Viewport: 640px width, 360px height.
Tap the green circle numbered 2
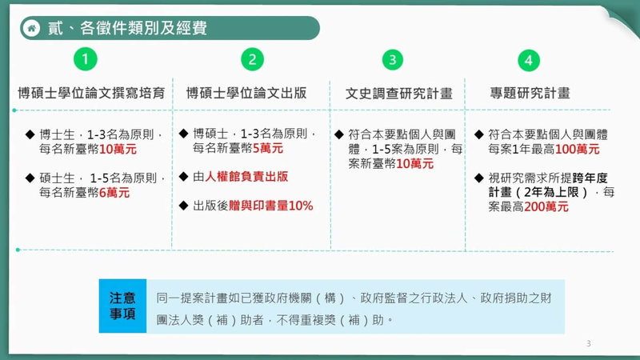(x=252, y=59)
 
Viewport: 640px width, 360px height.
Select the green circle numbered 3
(x=392, y=59)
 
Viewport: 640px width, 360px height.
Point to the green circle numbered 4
(x=529, y=59)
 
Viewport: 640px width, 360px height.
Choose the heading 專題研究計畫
(x=530, y=93)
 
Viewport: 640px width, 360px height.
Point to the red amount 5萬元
(x=267, y=148)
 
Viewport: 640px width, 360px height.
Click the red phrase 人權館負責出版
(x=246, y=177)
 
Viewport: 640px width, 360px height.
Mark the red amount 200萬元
(x=546, y=206)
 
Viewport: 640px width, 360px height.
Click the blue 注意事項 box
(x=122, y=306)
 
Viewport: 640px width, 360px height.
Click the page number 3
(x=589, y=344)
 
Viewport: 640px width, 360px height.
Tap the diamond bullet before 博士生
(x=30, y=134)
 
